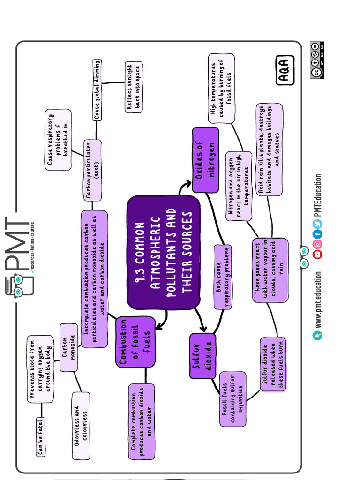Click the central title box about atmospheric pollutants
click(x=164, y=252)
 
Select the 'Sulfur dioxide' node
click(x=202, y=356)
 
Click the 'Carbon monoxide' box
click(x=69, y=347)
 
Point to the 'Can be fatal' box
click(x=41, y=436)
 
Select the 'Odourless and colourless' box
click(x=80, y=426)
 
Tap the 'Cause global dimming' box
click(x=97, y=90)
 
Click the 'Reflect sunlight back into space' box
click(x=134, y=87)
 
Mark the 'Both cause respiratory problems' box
click(x=223, y=277)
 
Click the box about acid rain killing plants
click(x=270, y=150)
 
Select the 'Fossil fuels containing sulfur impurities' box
click(x=232, y=399)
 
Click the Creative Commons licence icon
click(x=317, y=60)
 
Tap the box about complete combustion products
click(x=142, y=421)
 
